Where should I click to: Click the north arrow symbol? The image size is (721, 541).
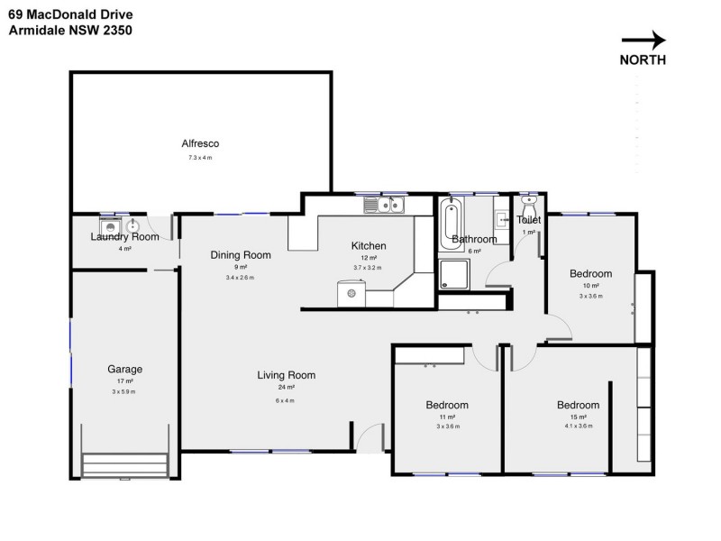pos(643,40)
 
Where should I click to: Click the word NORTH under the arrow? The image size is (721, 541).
pos(643,60)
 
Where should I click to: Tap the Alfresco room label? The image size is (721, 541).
pos(200,143)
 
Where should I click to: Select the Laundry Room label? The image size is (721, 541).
pos(124,237)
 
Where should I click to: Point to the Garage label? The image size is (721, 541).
pos(124,369)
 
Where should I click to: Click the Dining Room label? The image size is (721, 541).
pos(241,255)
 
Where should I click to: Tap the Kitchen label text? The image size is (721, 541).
pos(368,246)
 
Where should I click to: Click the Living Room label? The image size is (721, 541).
pos(286,375)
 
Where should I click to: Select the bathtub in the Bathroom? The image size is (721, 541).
pos(451,223)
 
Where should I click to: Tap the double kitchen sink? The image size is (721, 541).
pos(385,206)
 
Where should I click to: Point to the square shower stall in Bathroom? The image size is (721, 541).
pos(454,274)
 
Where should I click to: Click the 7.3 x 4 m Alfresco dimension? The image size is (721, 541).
pos(200,158)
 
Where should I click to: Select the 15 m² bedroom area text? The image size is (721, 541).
pos(578,417)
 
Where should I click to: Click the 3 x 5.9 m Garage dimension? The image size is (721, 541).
pos(124,391)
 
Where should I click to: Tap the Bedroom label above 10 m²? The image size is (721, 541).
pos(590,274)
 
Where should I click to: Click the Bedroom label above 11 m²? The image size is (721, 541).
pos(447,405)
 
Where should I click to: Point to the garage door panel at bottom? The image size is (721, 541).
pos(125,464)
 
